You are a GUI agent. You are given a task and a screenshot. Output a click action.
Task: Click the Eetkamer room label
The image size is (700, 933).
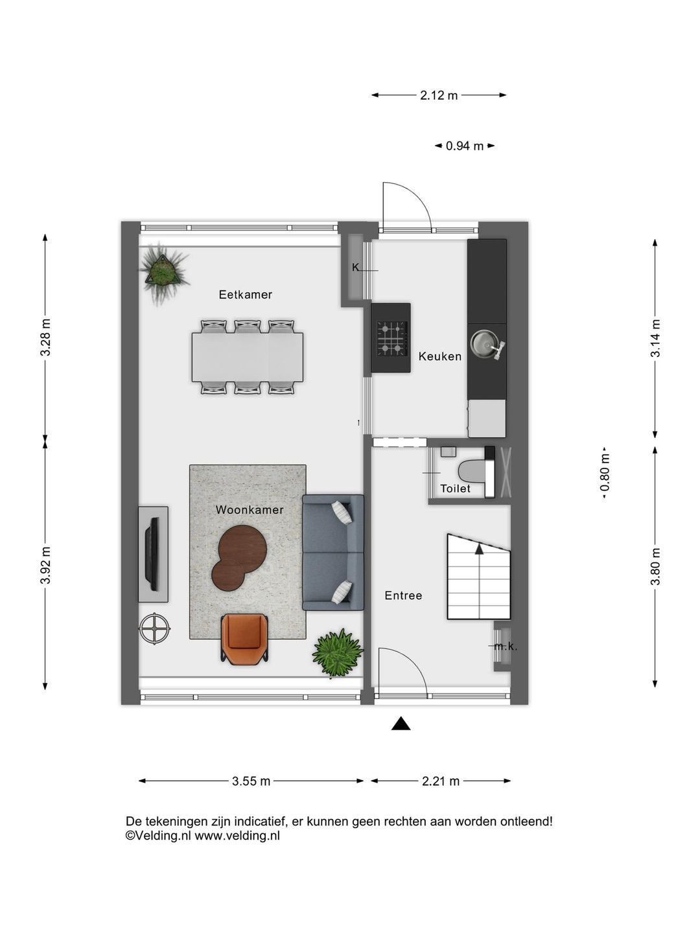pos(245,295)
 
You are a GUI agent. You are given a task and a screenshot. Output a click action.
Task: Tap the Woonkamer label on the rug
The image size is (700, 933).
pos(250,510)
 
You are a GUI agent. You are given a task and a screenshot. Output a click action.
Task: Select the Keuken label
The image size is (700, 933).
pos(440,356)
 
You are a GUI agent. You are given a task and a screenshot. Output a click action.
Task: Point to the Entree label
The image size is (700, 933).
pos(403,595)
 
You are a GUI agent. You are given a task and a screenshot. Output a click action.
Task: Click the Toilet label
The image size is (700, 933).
pos(455,489)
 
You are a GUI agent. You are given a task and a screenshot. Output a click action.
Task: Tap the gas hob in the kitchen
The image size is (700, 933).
pos(391,338)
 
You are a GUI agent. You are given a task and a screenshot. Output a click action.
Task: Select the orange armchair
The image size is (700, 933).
pos(244,639)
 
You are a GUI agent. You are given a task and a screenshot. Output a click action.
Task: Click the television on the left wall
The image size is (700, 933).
pos(152,554)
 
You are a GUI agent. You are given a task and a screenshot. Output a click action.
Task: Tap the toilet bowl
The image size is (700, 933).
pos(471,472)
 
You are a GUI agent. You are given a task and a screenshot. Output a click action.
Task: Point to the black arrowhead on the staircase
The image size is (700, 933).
pos(479,549)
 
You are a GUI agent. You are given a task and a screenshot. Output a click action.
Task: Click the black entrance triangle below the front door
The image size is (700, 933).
pos(401,724)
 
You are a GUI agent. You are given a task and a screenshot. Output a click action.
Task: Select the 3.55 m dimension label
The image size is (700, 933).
pos(251,781)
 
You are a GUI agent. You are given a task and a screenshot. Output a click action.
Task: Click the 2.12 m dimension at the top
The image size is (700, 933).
pos(439,96)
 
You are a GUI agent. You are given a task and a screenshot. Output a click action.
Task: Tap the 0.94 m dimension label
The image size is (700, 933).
pos(465,146)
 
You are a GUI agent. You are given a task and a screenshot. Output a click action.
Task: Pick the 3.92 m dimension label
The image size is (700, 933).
pos(45,565)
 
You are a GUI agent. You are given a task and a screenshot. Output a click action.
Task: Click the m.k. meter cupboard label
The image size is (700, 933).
pos(506,647)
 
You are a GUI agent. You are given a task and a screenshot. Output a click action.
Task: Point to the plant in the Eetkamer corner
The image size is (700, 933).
pos(163,273)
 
